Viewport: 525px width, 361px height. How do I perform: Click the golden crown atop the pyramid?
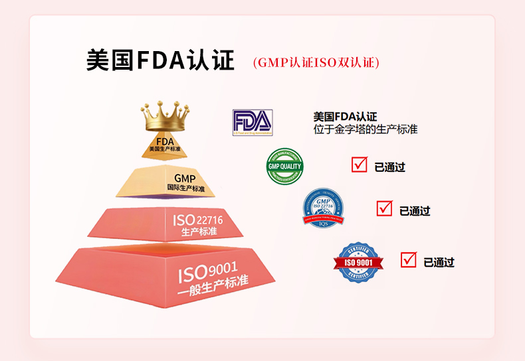[164, 117]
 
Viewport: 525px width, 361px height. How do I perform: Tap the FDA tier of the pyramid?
[164, 145]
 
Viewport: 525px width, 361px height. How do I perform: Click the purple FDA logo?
[252, 122]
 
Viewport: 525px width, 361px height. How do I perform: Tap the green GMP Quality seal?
[284, 167]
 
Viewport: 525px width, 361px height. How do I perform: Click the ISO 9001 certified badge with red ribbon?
[358, 261]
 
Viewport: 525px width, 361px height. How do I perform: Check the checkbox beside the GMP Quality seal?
[360, 165]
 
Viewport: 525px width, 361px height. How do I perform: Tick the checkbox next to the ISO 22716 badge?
[384, 208]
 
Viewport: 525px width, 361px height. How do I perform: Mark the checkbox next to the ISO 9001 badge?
[409, 259]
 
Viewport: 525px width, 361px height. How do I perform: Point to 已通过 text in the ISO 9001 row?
[439, 262]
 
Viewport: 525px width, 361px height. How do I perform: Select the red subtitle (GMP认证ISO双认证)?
[316, 62]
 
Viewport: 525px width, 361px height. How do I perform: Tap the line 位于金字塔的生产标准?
[366, 129]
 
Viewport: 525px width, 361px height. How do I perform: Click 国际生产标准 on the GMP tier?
[185, 189]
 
